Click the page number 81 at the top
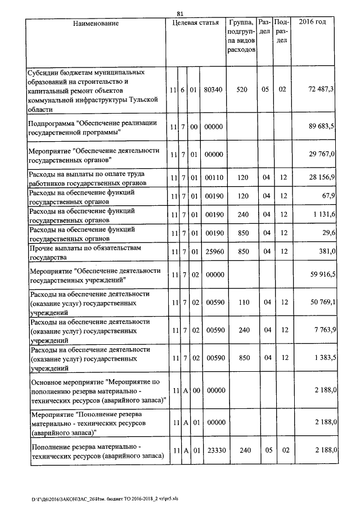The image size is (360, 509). pos(180,13)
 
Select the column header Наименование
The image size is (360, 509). pos(96,22)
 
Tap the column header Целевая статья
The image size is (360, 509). pos(195,22)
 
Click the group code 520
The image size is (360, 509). pos(242,89)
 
